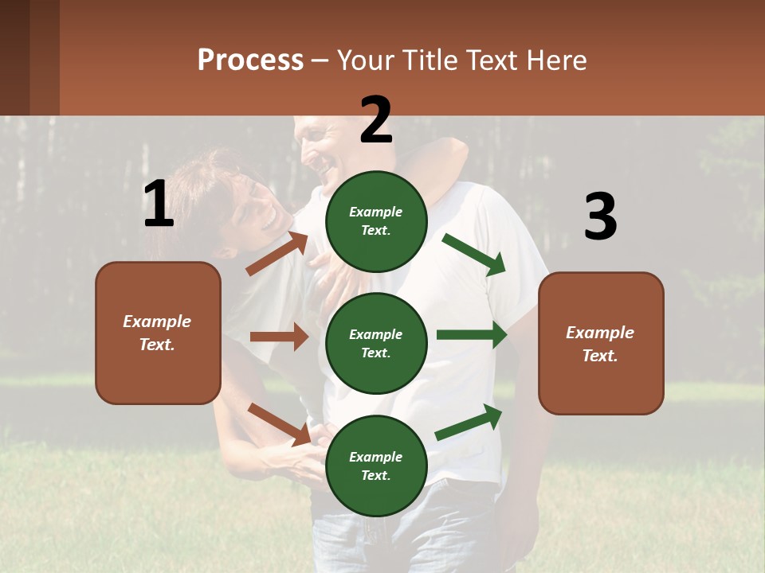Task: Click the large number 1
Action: [x=159, y=205]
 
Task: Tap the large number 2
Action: [x=376, y=120]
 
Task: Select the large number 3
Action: [x=600, y=217]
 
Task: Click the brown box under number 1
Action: [x=158, y=333]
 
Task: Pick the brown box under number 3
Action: [x=601, y=343]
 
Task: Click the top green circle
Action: [x=376, y=221]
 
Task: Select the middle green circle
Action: [x=376, y=343]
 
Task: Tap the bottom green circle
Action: [x=376, y=466]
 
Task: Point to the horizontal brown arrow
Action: [x=279, y=337]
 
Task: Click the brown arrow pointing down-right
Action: [x=279, y=424]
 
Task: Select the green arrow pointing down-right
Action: [x=474, y=255]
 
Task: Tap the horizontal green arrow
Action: [x=472, y=335]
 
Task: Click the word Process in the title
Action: [x=250, y=60]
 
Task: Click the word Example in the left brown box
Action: [x=157, y=322]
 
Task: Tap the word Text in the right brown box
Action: [x=599, y=356]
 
